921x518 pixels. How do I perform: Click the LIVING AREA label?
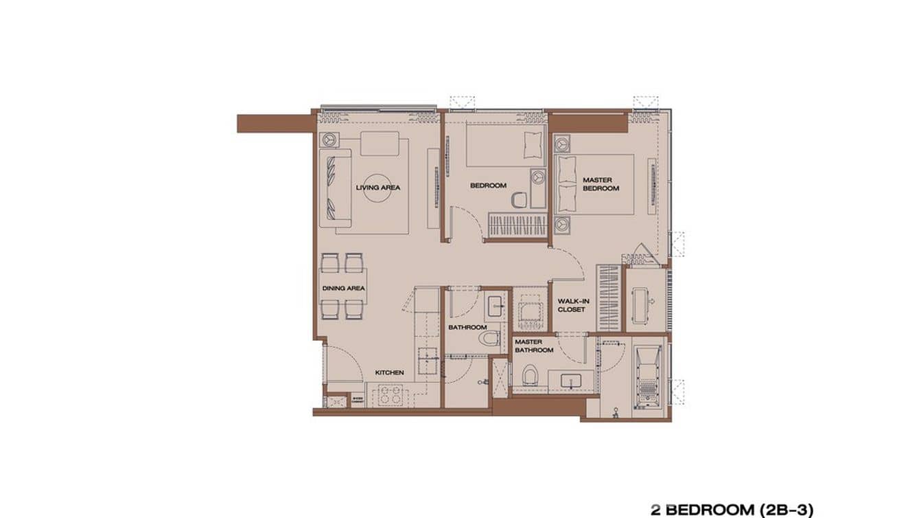(377, 187)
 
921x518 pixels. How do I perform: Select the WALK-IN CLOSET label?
(571, 305)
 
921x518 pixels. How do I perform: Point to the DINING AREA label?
(343, 289)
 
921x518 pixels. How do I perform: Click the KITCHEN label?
(389, 372)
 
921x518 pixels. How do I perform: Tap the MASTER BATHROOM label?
(534, 346)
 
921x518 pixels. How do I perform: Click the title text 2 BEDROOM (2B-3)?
(732, 509)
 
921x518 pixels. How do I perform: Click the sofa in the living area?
(331, 185)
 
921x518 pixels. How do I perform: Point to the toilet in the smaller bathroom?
(491, 339)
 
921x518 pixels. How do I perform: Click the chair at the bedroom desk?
(520, 199)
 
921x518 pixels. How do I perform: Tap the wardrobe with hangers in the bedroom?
(517, 225)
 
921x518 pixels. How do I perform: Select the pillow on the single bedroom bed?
(532, 146)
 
